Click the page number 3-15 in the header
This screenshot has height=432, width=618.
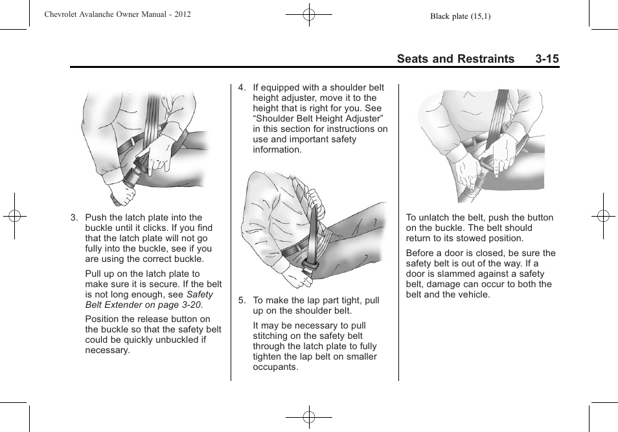(x=547, y=59)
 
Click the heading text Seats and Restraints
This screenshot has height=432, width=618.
(x=455, y=59)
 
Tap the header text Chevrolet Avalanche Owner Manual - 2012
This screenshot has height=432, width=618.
(x=117, y=14)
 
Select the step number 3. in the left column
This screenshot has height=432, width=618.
(x=74, y=218)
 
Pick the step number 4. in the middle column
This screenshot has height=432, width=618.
(x=242, y=88)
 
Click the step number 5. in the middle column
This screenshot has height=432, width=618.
(x=242, y=301)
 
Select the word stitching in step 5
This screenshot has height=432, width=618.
(x=271, y=336)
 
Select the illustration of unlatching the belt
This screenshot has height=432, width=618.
(x=480, y=146)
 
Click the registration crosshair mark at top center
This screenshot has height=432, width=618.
(x=309, y=14)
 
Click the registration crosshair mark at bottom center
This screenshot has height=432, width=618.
(x=309, y=417)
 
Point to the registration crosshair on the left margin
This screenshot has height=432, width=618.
(x=14, y=216)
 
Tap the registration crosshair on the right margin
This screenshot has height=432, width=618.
(x=603, y=216)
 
